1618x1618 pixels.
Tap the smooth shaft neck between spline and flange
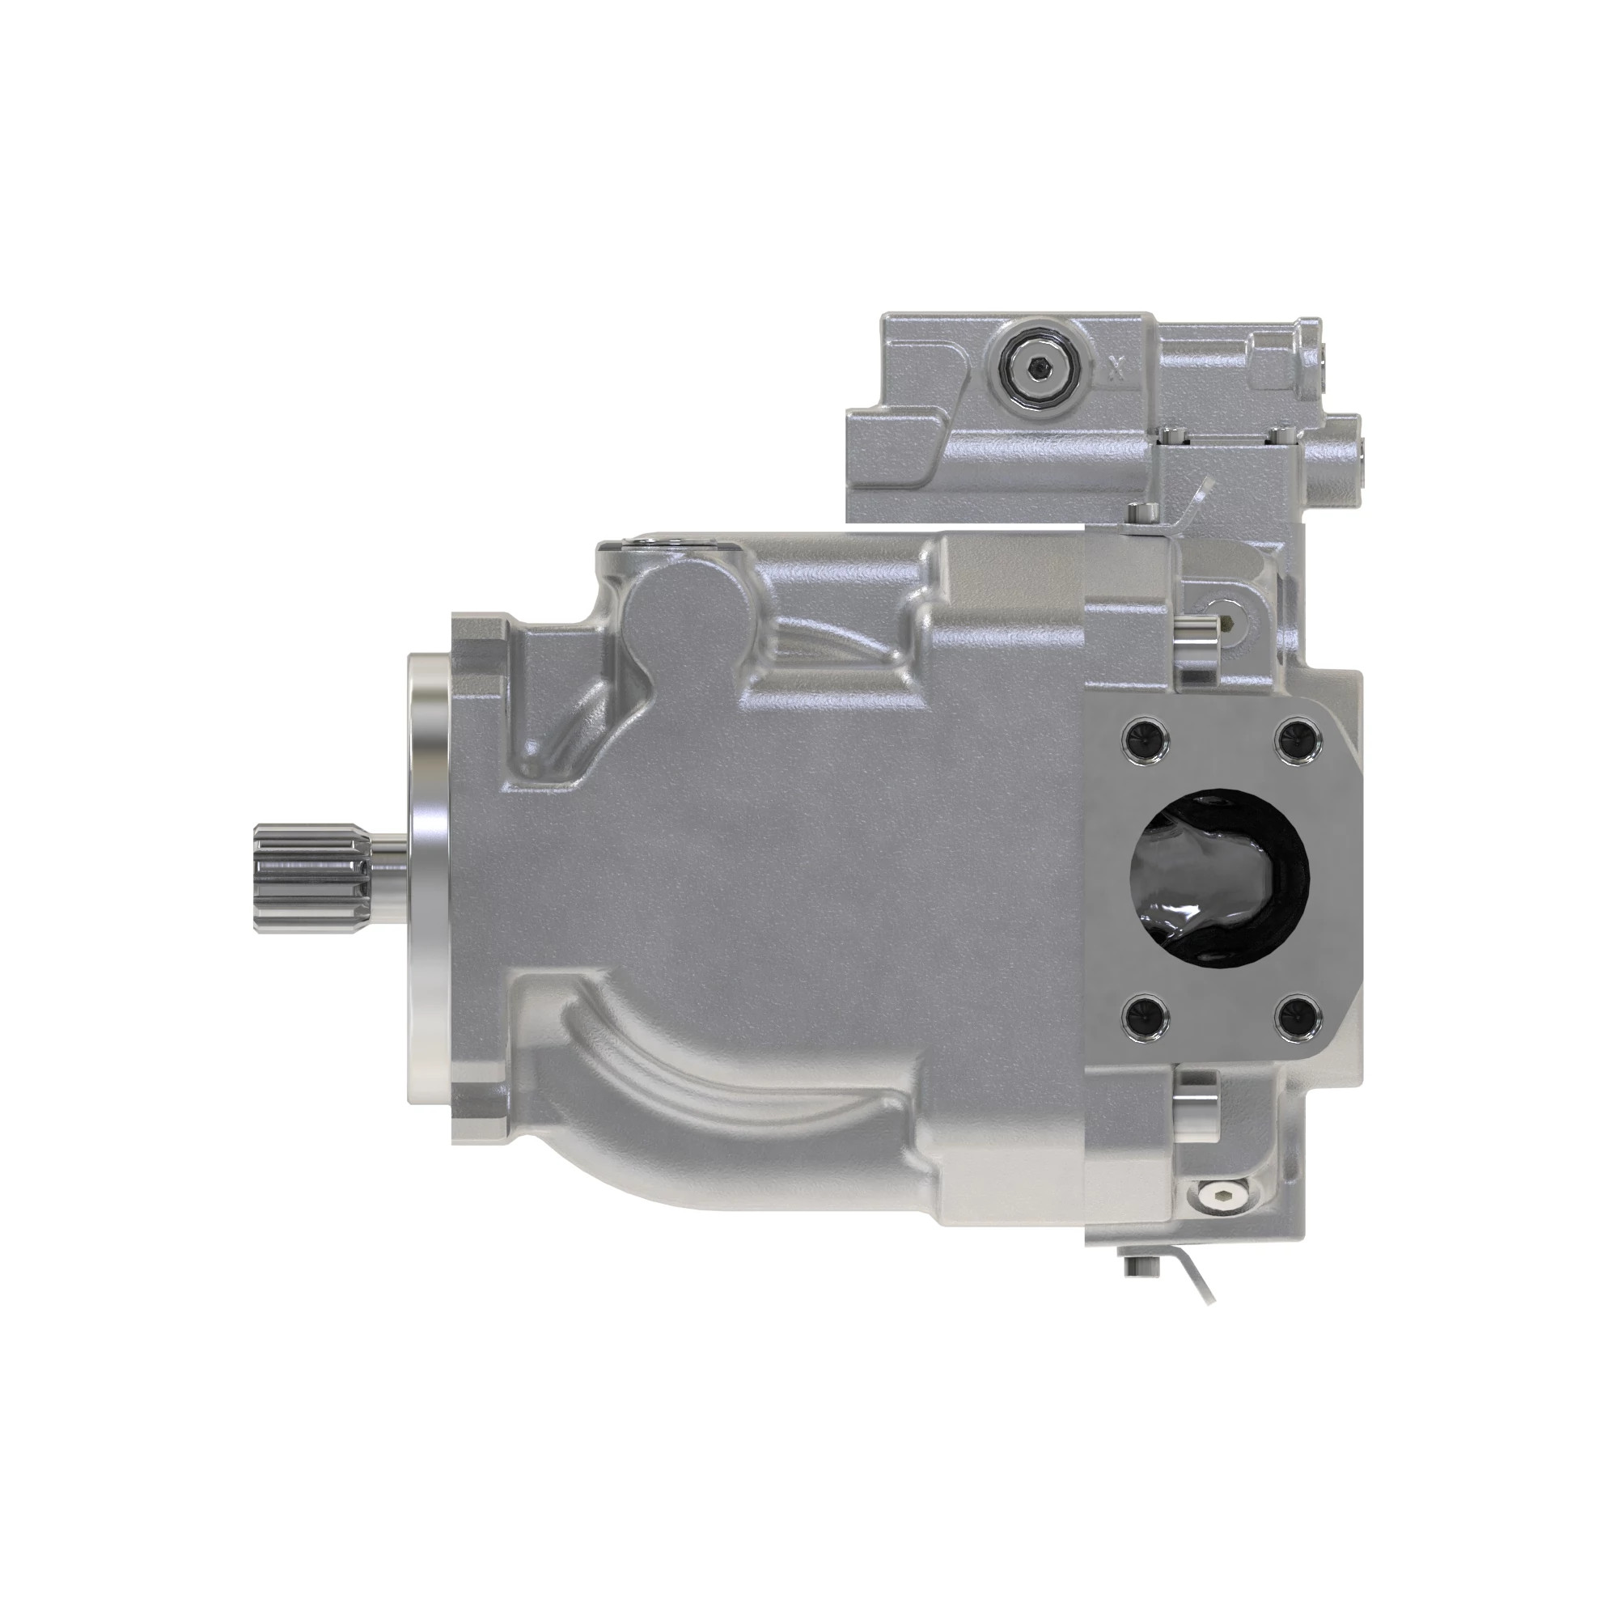pos(388,875)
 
